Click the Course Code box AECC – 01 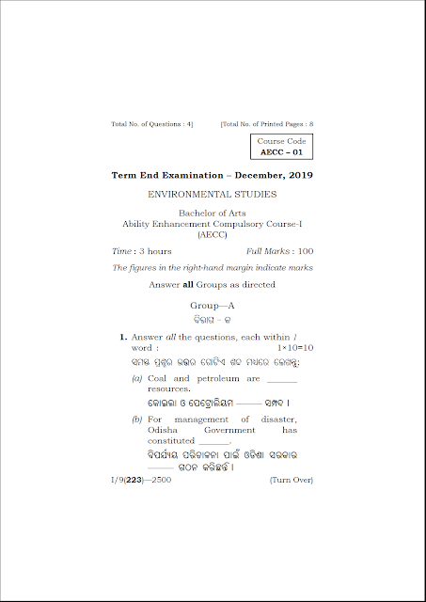click(x=282, y=147)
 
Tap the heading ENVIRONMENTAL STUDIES click(x=213, y=195)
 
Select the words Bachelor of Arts click(x=213, y=214)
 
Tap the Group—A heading click(x=213, y=306)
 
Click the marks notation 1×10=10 click(x=293, y=348)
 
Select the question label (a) click(x=137, y=378)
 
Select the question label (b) click(x=137, y=419)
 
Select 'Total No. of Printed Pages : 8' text click(x=267, y=124)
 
